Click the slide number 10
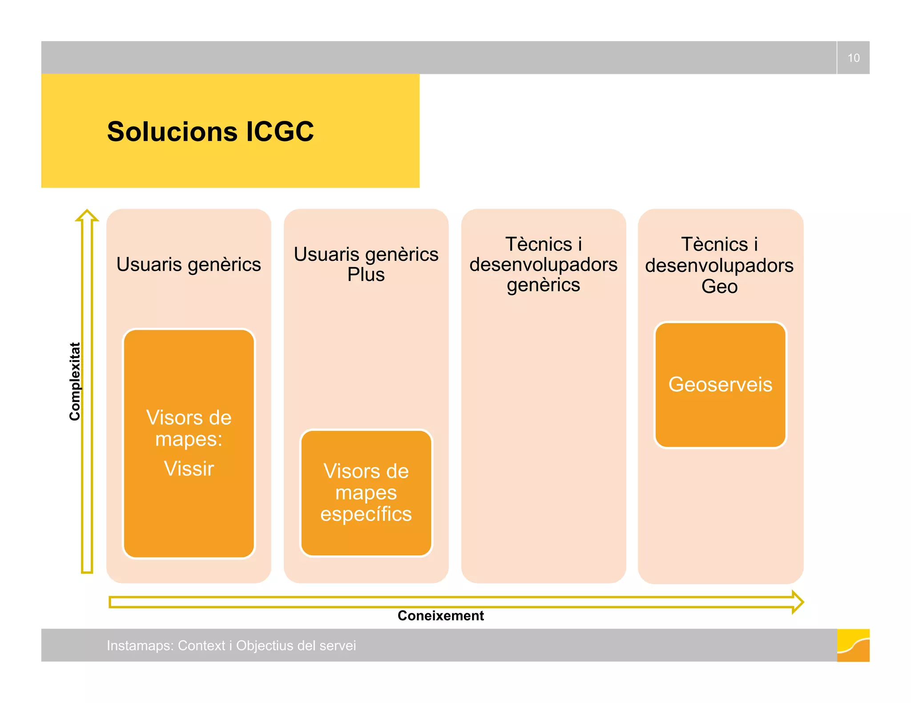click(853, 58)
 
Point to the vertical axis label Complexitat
click(75, 381)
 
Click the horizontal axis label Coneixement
click(440, 615)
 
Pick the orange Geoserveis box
click(720, 384)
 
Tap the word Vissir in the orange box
click(189, 468)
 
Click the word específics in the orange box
click(366, 514)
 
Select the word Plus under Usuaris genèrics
click(366, 275)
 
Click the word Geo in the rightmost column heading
click(719, 286)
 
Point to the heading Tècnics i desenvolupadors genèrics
click(543, 264)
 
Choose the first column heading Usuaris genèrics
click(189, 264)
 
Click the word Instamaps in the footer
click(139, 645)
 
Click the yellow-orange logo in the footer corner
click(853, 645)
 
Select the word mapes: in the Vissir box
click(189, 439)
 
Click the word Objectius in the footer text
click(264, 645)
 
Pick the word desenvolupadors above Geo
click(719, 265)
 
